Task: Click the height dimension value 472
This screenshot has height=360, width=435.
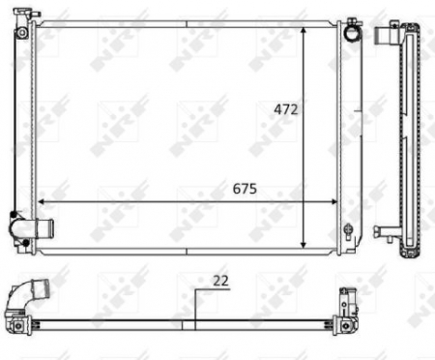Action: pos(285,110)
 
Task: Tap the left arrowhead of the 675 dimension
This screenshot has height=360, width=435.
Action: pos(41,202)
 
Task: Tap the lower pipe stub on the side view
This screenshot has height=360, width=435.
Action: pos(385,231)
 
